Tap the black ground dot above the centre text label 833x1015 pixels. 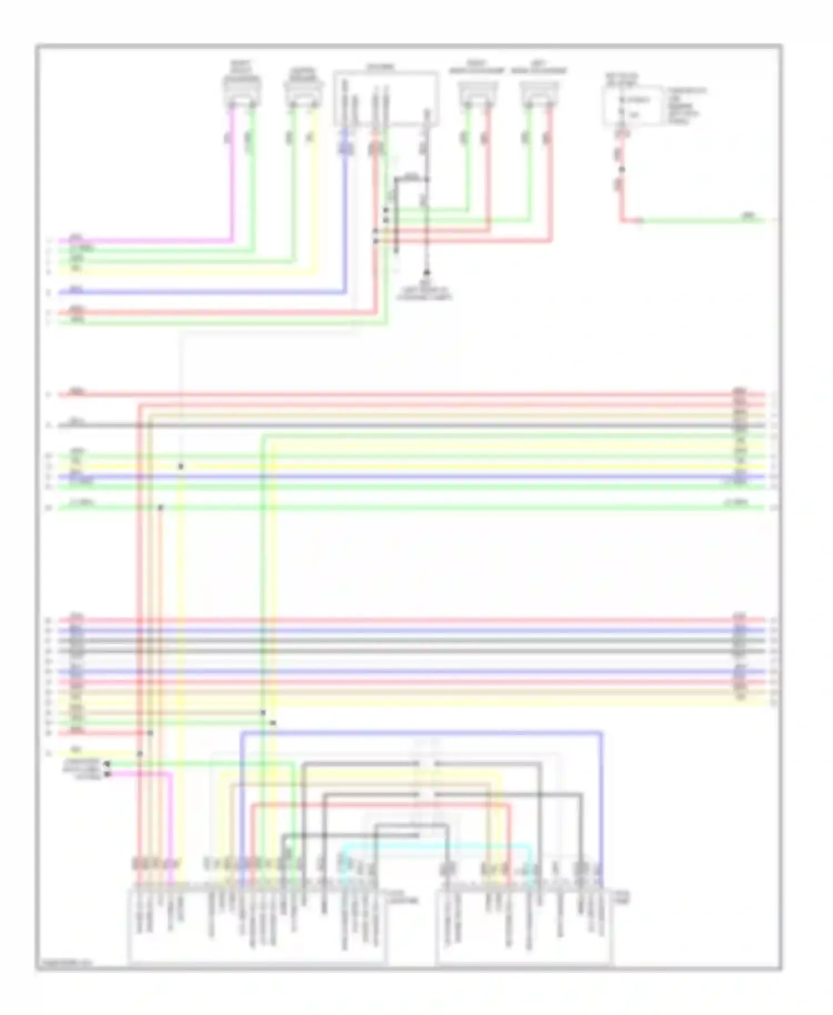point(426,273)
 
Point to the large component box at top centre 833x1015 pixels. point(385,98)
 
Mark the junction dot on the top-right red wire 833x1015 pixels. point(622,170)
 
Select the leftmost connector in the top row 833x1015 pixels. point(242,92)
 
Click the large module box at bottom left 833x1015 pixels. point(257,925)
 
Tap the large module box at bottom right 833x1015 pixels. point(524,925)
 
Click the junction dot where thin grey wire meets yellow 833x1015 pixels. point(180,466)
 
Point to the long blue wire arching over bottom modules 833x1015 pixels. point(422,733)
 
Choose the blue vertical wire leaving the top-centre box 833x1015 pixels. point(345,222)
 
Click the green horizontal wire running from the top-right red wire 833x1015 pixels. point(700,220)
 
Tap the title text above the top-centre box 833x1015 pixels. point(380,67)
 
